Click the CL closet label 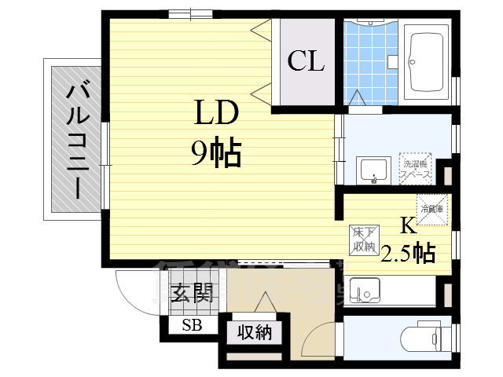pyautogui.click(x=306, y=61)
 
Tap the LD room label pyautogui.click(x=216, y=115)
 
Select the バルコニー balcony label pyautogui.click(x=76, y=139)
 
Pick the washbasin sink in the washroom pyautogui.click(x=374, y=170)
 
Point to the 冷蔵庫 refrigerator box pyautogui.click(x=432, y=208)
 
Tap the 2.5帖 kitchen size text pyautogui.click(x=408, y=253)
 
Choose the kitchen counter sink pyautogui.click(x=364, y=291)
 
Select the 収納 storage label pyautogui.click(x=255, y=332)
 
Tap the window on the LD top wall pyautogui.click(x=190, y=13)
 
